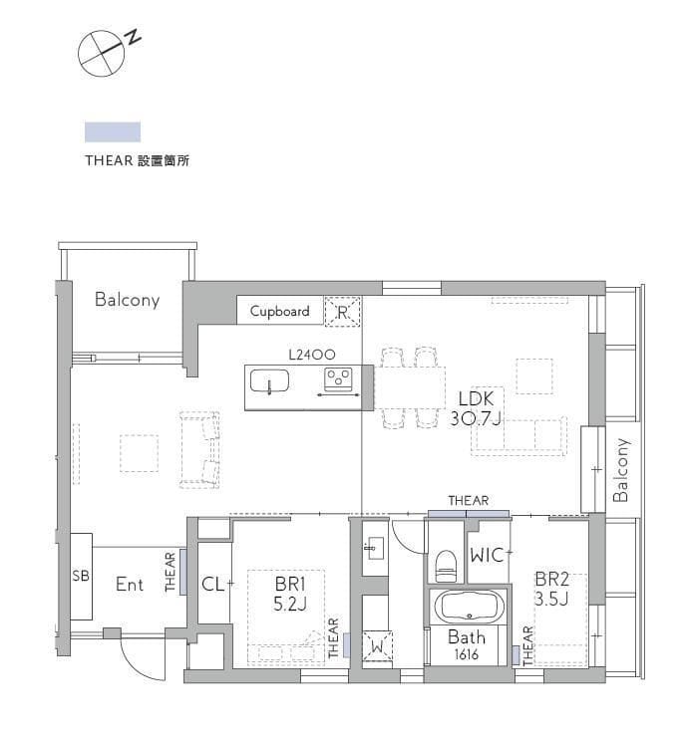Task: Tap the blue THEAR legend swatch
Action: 113,131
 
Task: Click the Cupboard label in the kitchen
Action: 279,311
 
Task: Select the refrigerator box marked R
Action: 343,312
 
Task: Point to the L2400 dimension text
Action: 310,354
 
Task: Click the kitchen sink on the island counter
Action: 269,381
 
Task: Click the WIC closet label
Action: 488,554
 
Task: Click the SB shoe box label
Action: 81,576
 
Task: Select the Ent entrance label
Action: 130,585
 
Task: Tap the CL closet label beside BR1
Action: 212,584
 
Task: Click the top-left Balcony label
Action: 127,299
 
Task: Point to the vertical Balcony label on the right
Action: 620,470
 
